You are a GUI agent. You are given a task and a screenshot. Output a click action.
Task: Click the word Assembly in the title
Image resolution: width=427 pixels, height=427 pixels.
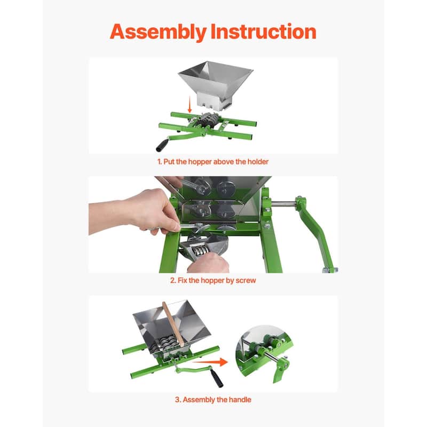click(159, 31)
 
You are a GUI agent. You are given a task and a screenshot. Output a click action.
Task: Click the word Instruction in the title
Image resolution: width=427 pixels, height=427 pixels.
click(263, 31)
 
